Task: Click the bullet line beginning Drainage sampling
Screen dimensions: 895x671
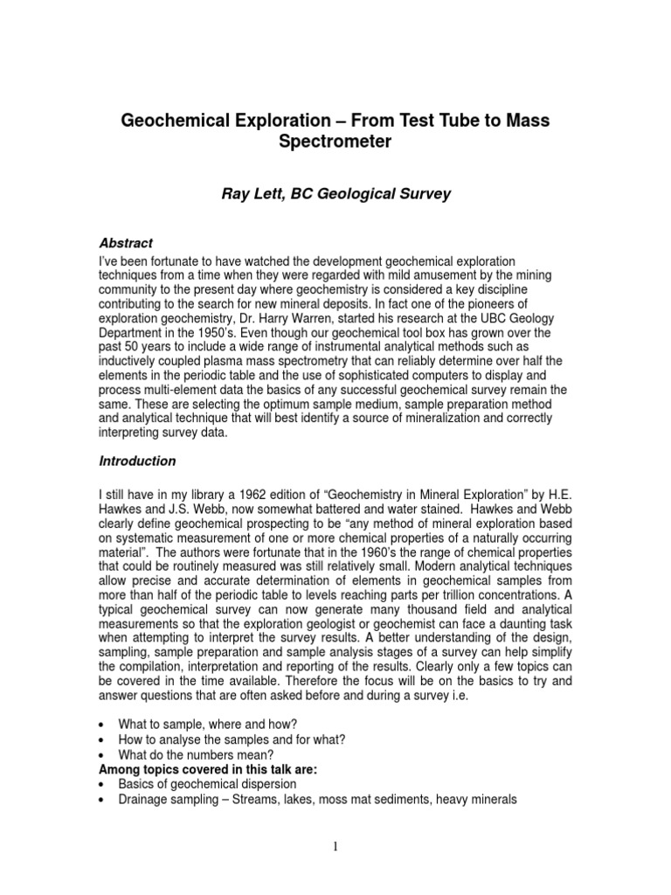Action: pyautogui.click(x=318, y=800)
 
